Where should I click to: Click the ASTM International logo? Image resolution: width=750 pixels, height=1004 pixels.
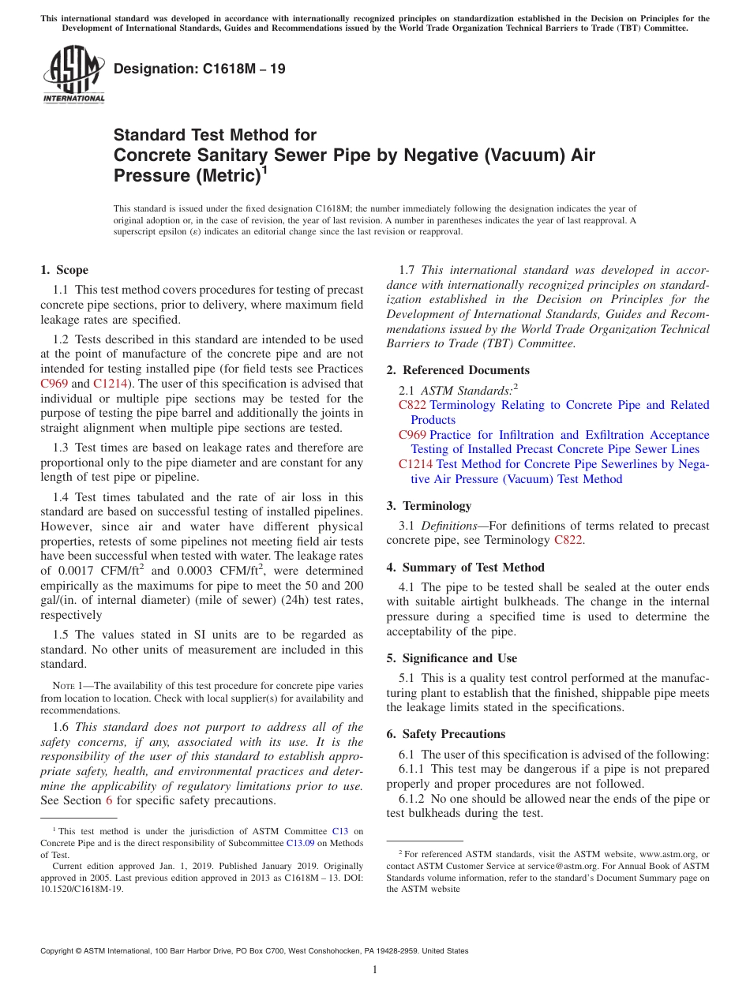[73, 75]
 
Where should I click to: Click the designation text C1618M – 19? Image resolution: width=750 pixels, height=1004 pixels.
[199, 69]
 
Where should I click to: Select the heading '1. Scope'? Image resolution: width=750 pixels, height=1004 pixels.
[64, 270]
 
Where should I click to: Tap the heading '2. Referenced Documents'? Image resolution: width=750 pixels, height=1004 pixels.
[458, 370]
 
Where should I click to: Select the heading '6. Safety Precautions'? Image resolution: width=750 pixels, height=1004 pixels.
[445, 734]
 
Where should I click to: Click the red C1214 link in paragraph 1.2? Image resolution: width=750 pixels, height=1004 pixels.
[108, 384]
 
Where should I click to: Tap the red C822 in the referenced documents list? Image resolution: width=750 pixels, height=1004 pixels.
[412, 405]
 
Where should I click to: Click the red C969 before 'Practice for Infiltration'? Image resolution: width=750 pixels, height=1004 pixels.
[412, 435]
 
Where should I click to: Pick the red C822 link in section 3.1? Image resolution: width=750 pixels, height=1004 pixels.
[568, 541]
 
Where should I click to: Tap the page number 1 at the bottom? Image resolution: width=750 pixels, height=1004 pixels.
[375, 970]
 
